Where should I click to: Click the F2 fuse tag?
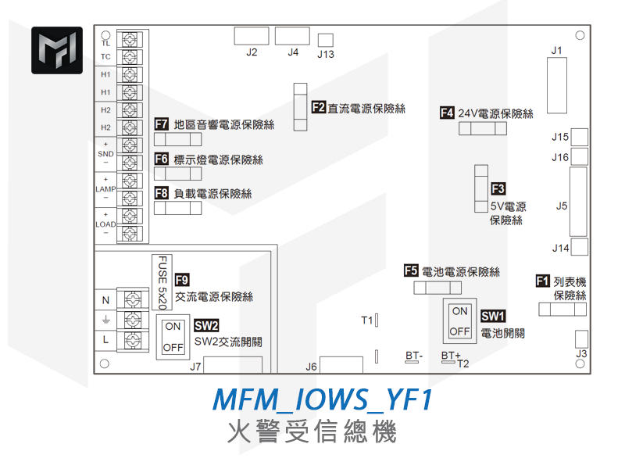319,107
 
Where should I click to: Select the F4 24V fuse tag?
447,113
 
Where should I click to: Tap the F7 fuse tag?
162,124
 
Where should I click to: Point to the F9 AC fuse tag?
182,280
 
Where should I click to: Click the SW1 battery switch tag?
493,317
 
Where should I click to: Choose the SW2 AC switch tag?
206,325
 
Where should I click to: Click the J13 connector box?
326,40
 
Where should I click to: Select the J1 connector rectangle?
557,85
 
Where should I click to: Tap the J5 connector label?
562,206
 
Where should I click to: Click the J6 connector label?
311,367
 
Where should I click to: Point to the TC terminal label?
105,56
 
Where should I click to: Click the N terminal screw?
133,299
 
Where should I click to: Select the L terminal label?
105,339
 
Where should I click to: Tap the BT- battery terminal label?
414,356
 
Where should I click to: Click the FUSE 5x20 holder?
162,282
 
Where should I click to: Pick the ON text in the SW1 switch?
460,311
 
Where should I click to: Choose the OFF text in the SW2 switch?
173,348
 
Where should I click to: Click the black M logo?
57,50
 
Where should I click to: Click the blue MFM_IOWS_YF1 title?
323,399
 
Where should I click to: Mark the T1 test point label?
367,320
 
